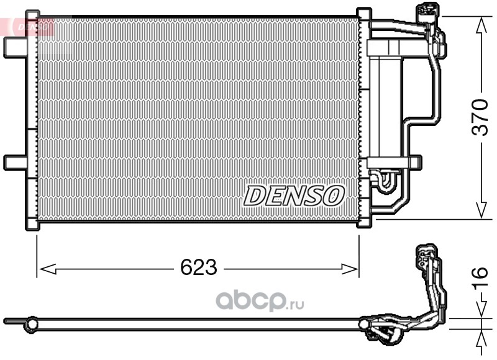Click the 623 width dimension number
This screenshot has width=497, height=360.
(199, 267)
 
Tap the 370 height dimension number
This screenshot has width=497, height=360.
(480, 117)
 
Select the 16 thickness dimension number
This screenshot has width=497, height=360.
(480, 278)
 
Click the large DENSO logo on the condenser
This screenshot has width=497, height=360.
(294, 196)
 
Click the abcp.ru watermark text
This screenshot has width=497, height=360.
(260, 300)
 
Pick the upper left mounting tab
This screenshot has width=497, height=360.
(15, 48)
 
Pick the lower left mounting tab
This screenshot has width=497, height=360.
(15, 162)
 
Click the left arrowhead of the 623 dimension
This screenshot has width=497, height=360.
(48, 269)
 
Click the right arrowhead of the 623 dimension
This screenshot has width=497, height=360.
(349, 269)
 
